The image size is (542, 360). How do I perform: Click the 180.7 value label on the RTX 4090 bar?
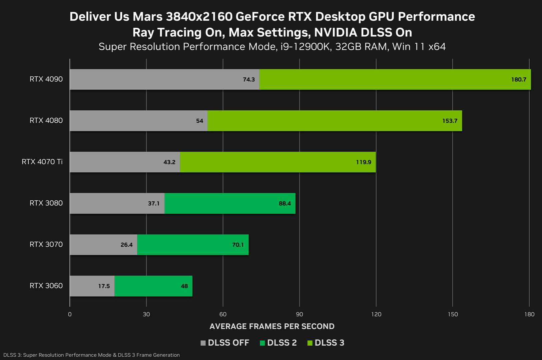tap(518, 80)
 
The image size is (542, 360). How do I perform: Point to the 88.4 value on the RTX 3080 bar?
tap(285, 203)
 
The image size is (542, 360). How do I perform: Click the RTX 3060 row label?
tap(46, 286)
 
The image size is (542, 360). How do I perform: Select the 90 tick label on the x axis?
tap(299, 314)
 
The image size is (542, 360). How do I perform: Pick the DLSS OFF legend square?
tap(203, 343)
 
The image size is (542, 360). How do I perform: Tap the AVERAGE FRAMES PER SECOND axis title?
tap(272, 326)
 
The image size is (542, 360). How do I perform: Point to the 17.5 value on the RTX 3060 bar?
tap(104, 286)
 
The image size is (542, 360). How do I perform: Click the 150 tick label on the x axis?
tap(453, 314)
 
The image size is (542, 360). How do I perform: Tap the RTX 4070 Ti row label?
tap(42, 162)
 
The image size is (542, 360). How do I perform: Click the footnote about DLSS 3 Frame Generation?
tap(91, 355)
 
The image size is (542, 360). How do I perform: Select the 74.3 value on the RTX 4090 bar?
tap(248, 80)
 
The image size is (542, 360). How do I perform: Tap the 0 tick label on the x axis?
tap(70, 314)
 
